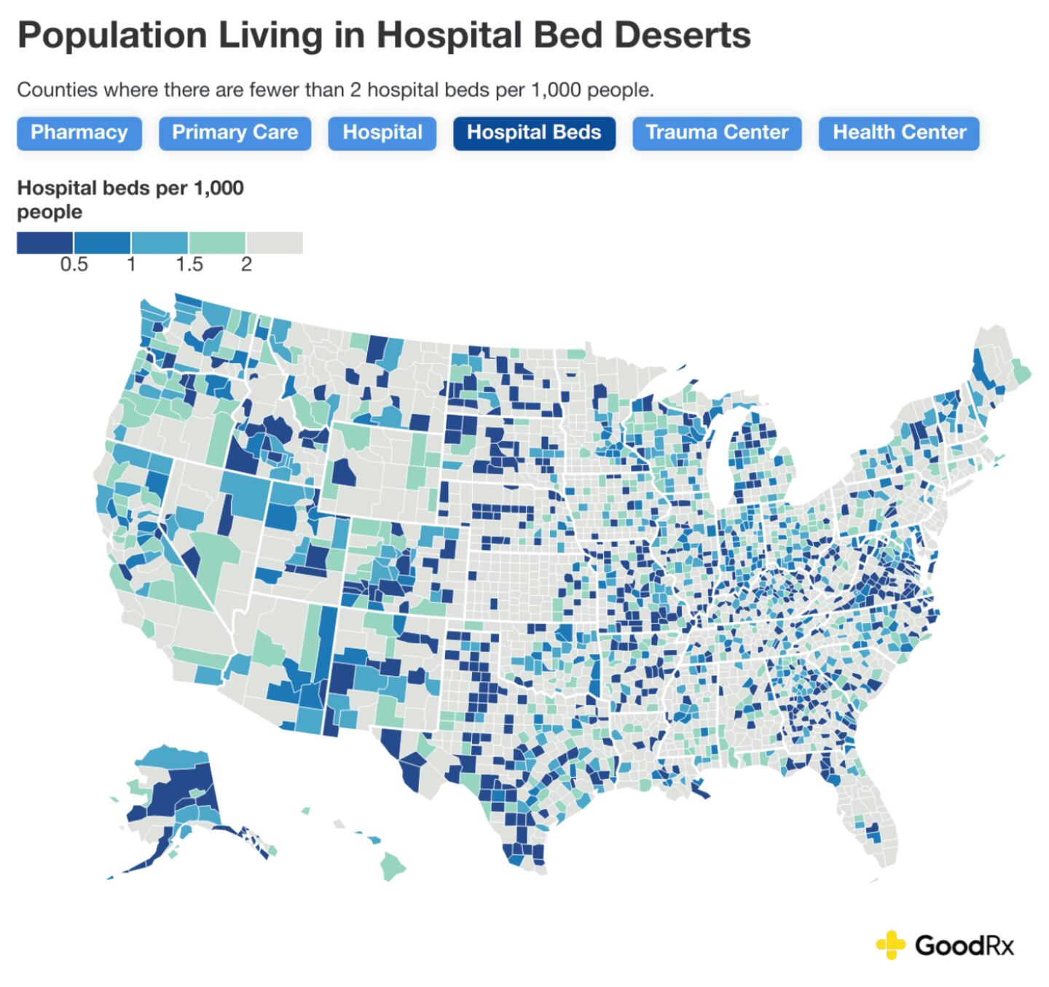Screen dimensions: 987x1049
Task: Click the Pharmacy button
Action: click(x=79, y=133)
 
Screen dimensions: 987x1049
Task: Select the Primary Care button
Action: click(x=235, y=133)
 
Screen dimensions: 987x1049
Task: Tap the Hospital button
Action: click(x=382, y=133)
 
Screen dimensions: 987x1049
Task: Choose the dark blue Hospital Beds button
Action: click(x=533, y=133)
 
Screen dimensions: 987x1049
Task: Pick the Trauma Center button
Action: click(x=716, y=133)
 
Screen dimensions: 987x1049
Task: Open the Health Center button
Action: click(x=899, y=133)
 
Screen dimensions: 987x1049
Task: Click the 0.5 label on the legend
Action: click(x=74, y=264)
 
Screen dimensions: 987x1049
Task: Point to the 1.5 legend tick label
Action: click(x=189, y=264)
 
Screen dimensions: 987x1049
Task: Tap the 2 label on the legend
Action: click(x=246, y=264)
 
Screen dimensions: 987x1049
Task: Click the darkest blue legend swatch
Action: click(x=44, y=243)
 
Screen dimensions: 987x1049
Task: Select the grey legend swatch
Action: click(x=275, y=243)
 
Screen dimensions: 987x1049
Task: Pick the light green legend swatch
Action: click(x=217, y=243)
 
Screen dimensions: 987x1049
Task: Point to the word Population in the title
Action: click(x=111, y=35)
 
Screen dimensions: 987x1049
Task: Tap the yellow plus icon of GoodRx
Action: click(x=889, y=945)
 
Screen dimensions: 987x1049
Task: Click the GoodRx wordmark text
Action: click(x=964, y=945)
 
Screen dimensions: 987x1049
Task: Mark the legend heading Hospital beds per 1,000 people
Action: click(x=130, y=200)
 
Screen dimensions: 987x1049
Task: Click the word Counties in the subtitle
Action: click(x=57, y=90)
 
